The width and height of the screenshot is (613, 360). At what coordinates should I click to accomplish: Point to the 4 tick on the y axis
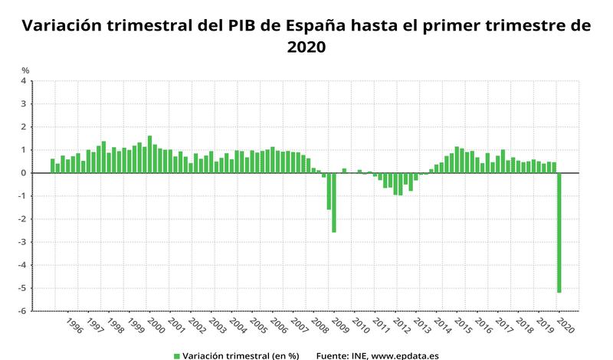(x=23, y=80)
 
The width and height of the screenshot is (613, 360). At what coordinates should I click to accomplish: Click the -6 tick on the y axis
(x=22, y=311)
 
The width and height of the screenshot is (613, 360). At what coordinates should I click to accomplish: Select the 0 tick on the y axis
(x=23, y=173)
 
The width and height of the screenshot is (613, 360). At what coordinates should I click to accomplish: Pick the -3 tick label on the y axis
(x=22, y=242)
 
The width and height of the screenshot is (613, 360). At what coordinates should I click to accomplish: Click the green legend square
(x=175, y=355)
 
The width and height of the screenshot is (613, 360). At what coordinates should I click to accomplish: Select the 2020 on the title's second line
(x=306, y=47)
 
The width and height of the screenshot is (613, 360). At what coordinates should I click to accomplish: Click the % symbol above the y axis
(x=25, y=70)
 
